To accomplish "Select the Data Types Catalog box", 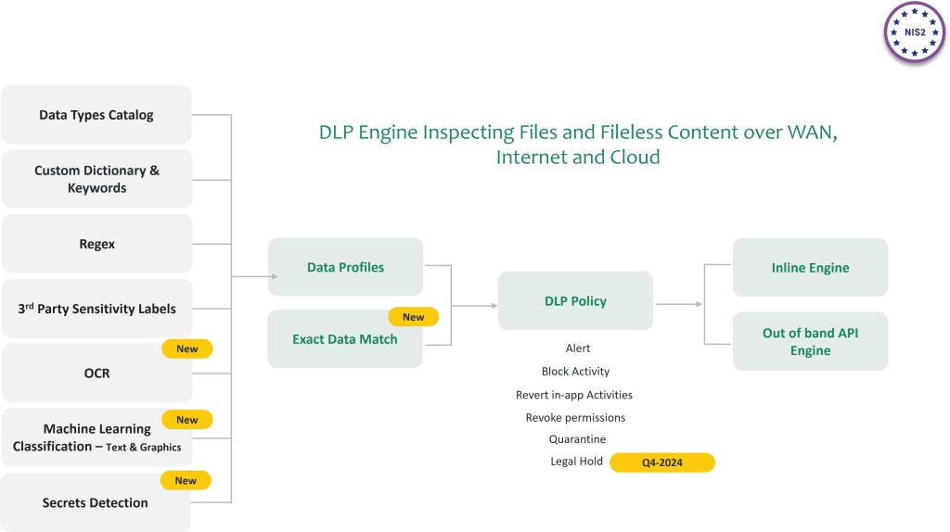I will [96, 115].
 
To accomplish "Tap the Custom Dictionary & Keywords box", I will [96, 179].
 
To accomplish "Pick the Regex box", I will [96, 244].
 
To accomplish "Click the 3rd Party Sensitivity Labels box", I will [96, 309].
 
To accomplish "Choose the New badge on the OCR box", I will [187, 348].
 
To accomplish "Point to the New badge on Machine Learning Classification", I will [187, 420].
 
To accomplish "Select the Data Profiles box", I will [345, 267].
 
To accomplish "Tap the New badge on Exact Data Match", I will [413, 317].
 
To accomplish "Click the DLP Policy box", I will [575, 301].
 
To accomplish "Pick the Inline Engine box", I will [810, 268].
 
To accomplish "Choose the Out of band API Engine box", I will [810, 341].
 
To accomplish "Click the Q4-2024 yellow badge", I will [661, 462].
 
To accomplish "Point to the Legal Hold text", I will [576, 462].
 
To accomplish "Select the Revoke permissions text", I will [575, 417].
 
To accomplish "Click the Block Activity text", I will [575, 372].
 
